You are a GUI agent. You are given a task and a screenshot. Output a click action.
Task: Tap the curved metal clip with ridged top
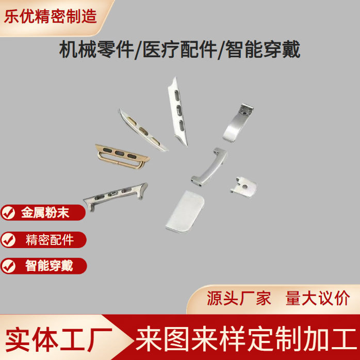[238, 122]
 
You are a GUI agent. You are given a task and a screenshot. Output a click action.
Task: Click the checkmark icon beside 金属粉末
[9, 212]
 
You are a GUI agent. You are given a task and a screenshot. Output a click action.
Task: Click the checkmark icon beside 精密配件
[9, 239]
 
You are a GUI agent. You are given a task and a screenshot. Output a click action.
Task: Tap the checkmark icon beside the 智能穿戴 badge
[9, 266]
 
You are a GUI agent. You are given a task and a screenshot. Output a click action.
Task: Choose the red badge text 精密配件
[50, 239]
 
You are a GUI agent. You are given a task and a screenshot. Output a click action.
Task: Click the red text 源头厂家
[239, 299]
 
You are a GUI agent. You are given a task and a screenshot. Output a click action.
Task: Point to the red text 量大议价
[317, 299]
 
